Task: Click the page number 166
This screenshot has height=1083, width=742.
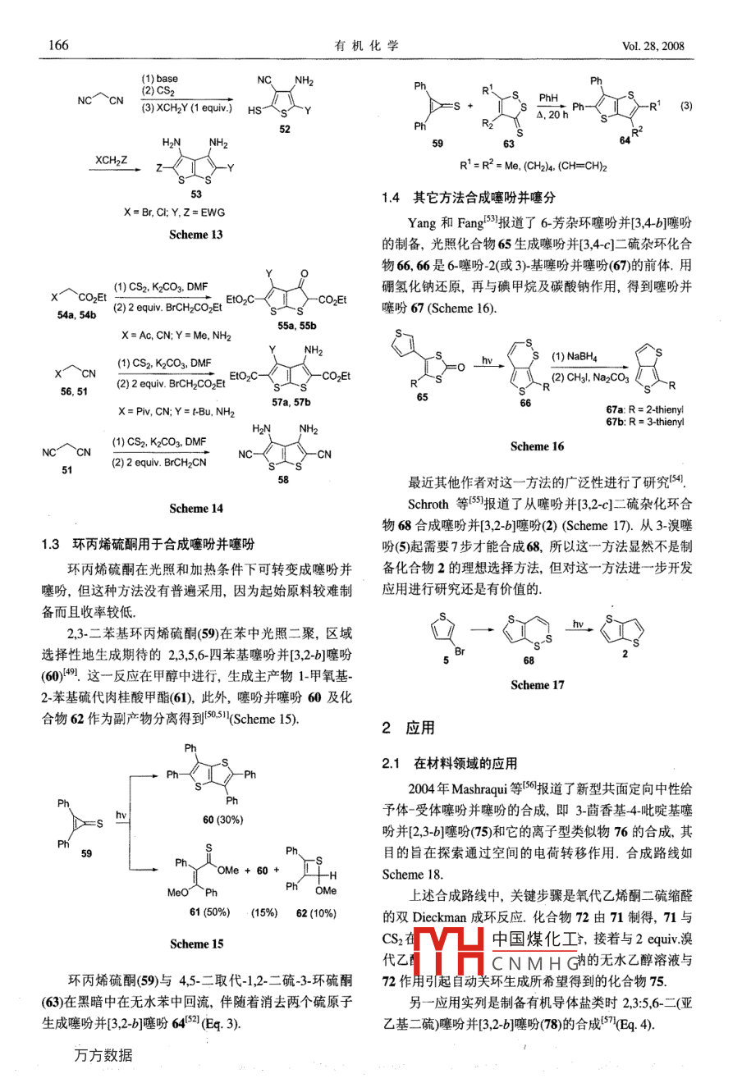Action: pos(58,45)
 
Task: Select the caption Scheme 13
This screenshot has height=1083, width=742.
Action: pos(195,235)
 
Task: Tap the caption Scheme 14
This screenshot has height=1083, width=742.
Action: pos(195,509)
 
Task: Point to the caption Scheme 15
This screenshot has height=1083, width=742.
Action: pos(196,944)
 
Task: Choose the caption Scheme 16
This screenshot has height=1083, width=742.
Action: pos(537,447)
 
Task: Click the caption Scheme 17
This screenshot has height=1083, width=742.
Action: pos(537,685)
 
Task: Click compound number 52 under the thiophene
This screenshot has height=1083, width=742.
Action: pos(284,129)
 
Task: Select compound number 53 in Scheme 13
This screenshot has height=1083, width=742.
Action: pos(196,194)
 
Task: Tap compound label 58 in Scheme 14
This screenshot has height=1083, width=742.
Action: pos(283,480)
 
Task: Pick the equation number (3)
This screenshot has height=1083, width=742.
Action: pos(686,106)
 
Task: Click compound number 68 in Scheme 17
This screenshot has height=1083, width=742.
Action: pos(529,660)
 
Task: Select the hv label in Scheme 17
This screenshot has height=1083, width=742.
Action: pos(578,625)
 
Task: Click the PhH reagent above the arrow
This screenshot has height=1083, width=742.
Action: pos(547,98)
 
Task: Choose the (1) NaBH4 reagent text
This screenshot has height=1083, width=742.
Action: pos(575,357)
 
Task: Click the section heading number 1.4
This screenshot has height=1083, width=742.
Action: pos(391,198)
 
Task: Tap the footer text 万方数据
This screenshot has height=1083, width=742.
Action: pos(103,1055)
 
